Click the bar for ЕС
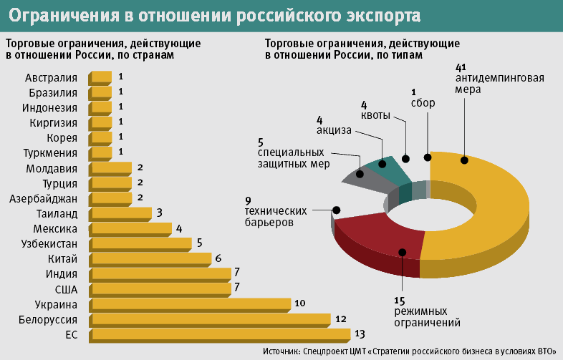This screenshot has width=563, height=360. (x=218, y=334)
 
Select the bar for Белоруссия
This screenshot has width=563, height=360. (x=209, y=318)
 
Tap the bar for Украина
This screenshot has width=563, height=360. (x=189, y=303)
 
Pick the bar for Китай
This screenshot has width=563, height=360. (x=150, y=258)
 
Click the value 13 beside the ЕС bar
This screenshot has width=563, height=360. (x=360, y=334)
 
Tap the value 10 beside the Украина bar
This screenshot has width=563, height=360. (x=300, y=303)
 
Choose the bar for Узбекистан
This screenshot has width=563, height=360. (x=140, y=243)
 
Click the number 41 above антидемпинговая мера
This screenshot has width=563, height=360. (x=461, y=67)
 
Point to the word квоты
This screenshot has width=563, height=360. (x=375, y=116)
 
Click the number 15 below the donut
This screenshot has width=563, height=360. (x=400, y=300)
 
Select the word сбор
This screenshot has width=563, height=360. (x=423, y=103)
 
